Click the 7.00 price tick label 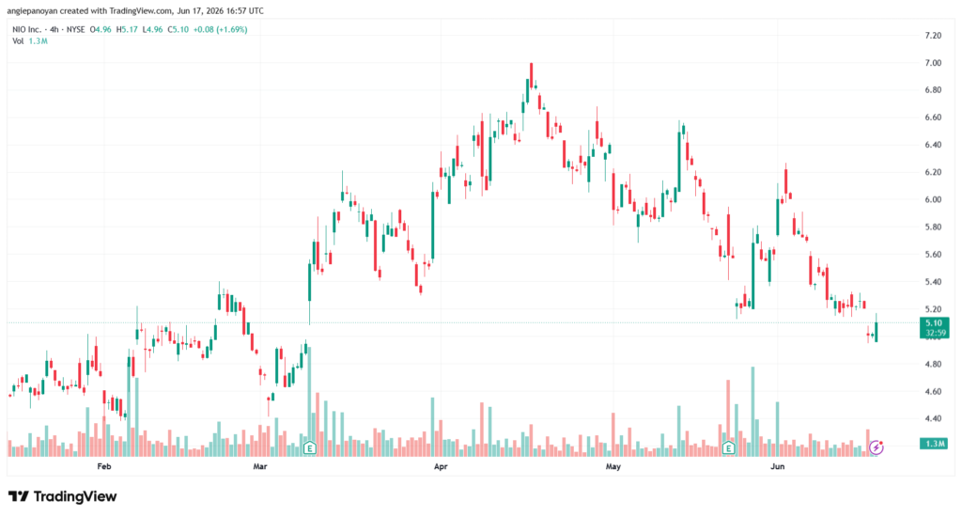point(933,63)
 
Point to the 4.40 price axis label point(933,418)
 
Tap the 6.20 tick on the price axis point(933,172)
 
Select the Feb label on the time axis point(104,466)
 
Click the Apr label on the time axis point(441,466)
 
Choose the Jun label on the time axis point(777,466)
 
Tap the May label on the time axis point(613,466)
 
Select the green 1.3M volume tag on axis point(934,444)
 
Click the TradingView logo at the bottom point(63,496)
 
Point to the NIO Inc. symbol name point(27,29)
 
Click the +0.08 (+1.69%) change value point(220,29)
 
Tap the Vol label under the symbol point(18,41)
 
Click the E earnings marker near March point(309,448)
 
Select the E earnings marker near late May point(728,448)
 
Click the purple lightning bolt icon point(877,447)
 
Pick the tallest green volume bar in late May point(753,412)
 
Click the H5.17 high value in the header point(127,29)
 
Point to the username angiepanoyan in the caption point(32,11)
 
